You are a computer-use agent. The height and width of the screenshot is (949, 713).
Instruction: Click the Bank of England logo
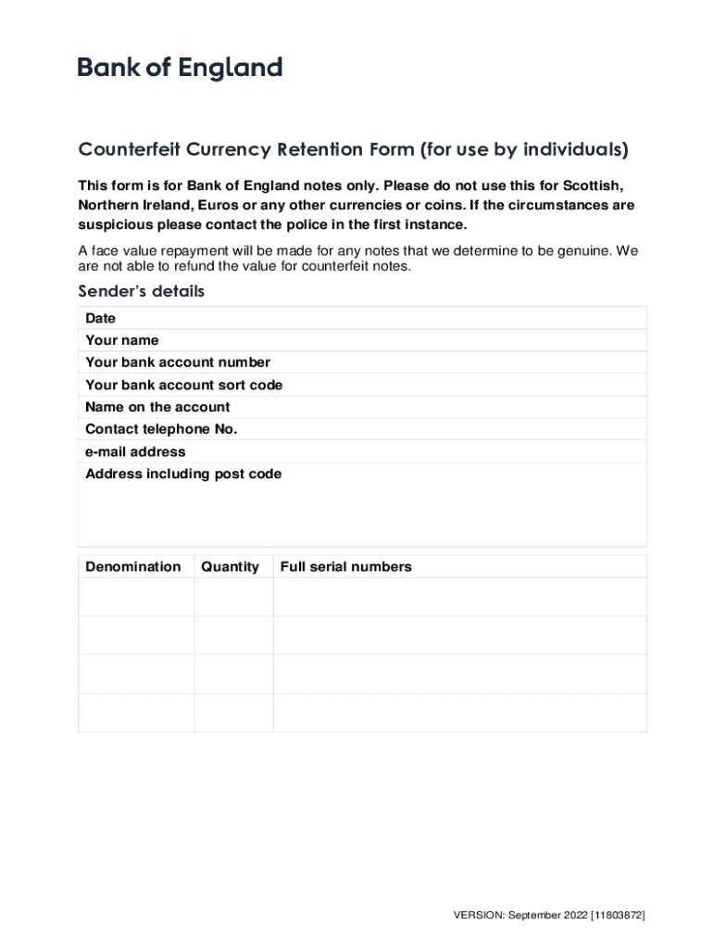(180, 68)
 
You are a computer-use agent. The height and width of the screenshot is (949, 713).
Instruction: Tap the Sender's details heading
(141, 292)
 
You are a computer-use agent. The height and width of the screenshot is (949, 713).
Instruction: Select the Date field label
(100, 318)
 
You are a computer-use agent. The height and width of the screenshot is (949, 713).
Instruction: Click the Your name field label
(121, 340)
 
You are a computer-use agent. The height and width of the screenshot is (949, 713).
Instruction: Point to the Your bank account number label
(178, 362)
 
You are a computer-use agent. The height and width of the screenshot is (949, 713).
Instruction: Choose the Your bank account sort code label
(183, 385)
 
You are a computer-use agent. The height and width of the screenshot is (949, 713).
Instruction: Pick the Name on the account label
(157, 407)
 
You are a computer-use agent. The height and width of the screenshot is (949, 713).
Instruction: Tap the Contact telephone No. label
(161, 429)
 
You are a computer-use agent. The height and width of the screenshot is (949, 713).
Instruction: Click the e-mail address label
(135, 451)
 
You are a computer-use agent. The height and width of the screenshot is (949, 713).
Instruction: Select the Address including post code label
(183, 474)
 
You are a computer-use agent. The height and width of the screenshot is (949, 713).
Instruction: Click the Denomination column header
(133, 566)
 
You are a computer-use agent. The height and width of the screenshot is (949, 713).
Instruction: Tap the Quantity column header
(230, 566)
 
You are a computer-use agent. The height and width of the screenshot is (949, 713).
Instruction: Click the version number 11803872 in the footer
(618, 916)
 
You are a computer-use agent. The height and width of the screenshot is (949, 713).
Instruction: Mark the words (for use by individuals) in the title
(524, 150)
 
